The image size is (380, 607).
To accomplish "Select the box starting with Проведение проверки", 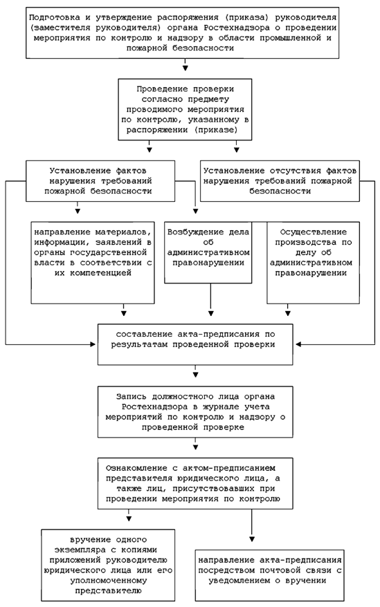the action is [185, 109].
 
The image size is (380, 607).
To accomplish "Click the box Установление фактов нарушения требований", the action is [100, 181].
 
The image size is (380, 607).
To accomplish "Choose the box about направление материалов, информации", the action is [93, 263].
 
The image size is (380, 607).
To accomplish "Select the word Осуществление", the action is [314, 232].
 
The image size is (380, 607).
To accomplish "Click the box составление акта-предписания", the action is [195, 344].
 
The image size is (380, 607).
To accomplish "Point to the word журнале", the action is [224, 407].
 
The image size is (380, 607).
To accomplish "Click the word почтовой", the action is [275, 570].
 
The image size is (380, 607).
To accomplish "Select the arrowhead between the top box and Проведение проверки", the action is [186, 68].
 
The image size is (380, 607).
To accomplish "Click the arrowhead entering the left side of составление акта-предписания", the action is [93, 344].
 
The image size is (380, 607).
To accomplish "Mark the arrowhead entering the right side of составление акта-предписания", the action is [298, 344].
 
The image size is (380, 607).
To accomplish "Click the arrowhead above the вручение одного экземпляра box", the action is [129, 519].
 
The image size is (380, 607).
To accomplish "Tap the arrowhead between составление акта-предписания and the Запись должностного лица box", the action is [196, 375].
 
